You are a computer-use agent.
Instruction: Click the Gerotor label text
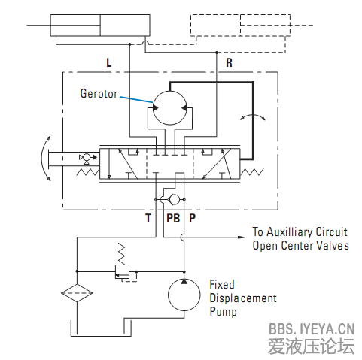(x=99, y=94)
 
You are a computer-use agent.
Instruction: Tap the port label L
(x=109, y=62)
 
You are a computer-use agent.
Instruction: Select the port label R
(x=229, y=62)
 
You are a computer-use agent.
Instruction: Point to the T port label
(x=148, y=218)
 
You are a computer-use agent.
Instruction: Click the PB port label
(x=173, y=218)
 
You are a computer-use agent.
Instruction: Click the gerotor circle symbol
(x=170, y=107)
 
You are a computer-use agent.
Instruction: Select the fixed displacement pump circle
(x=184, y=295)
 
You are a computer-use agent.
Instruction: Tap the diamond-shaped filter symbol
(x=77, y=293)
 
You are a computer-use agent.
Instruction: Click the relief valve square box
(x=122, y=271)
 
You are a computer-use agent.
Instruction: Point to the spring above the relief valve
(x=122, y=253)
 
